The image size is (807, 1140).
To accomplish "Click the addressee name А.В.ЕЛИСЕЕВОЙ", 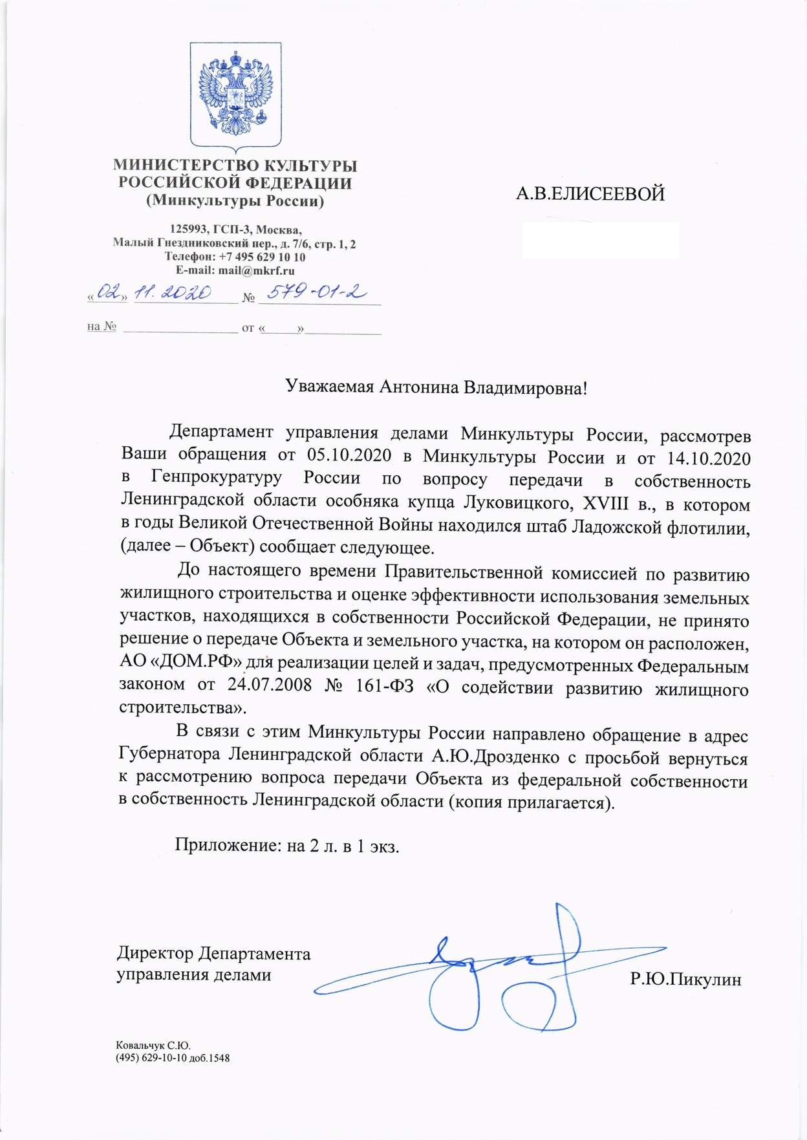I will (x=590, y=194).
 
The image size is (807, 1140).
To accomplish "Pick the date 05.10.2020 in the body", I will (x=349, y=455).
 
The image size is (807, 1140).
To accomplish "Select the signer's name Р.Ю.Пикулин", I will (x=685, y=980).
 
